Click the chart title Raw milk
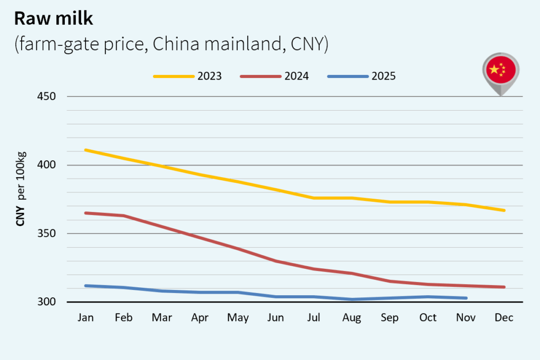53,18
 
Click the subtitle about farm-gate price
171,45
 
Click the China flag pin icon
500,71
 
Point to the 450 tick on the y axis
47,96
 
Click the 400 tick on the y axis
47,165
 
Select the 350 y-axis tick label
47,233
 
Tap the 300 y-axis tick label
47,302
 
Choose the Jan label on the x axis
85,318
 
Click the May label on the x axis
237,318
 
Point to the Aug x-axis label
352,318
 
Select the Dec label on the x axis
504,318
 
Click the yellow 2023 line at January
85,150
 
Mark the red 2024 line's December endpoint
504,287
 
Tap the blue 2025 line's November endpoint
466,298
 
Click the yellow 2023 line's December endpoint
504,210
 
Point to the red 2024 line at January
85,213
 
